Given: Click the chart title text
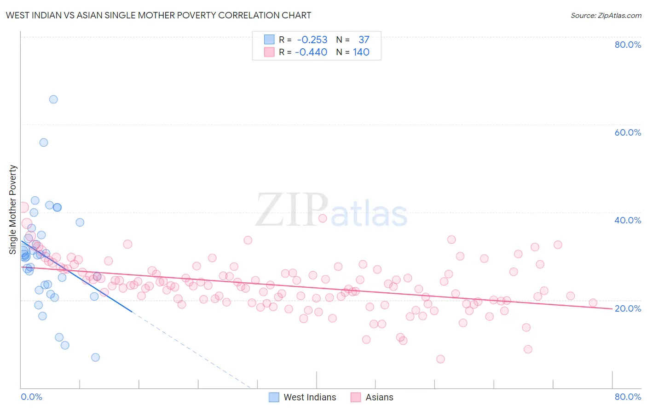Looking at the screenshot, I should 158,15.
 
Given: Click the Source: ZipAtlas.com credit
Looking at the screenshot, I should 606,15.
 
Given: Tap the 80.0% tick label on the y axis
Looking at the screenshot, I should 627,45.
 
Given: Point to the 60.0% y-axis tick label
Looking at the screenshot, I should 627,132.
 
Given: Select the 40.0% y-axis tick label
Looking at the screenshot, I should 627,220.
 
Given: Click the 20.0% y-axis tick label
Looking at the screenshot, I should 627,308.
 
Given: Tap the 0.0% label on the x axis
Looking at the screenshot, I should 31,397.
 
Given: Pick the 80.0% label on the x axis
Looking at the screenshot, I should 627,397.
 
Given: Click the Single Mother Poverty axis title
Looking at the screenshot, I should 13,210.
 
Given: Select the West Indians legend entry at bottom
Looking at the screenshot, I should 309,397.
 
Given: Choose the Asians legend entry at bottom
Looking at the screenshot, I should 379,397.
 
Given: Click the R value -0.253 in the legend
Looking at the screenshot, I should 312,40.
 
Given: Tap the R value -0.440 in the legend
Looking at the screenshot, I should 311,52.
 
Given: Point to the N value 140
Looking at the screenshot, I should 361,52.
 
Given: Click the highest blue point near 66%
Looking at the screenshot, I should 53,99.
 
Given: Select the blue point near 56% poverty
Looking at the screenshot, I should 44,142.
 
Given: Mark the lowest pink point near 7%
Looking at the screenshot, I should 440,359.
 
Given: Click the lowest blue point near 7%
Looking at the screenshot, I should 95,357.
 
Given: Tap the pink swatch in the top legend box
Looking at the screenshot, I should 269,52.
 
